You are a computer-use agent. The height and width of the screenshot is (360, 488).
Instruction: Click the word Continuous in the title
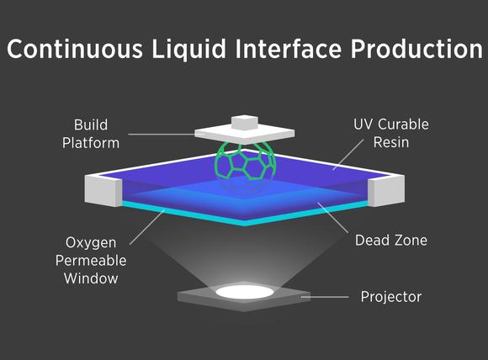pos(75,49)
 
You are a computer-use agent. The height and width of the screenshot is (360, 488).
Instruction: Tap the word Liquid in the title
pos(189,49)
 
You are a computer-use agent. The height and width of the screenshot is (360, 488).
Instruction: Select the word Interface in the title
pos(289,48)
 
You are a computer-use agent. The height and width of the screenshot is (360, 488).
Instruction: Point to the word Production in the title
pos(416,49)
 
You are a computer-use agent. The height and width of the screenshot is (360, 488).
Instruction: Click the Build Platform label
pos(91,134)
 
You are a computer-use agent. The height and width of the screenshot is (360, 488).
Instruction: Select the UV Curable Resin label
pos(391,134)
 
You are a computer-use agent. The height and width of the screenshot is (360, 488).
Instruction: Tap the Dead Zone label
pos(391,241)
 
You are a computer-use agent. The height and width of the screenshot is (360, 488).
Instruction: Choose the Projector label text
pos(391,297)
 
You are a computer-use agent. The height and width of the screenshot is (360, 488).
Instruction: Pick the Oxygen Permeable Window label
pos(91,261)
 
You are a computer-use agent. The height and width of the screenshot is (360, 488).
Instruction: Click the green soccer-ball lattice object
pos(245,161)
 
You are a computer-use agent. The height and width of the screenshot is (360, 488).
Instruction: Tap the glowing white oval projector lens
pos(245,292)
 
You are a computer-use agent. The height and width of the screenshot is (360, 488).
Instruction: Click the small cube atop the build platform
pos(245,122)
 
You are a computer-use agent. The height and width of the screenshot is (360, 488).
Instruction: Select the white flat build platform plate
pos(245,135)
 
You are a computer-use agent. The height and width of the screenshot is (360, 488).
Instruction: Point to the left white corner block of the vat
pos(103,190)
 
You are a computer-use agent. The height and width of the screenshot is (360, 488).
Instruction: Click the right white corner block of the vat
pos(386,190)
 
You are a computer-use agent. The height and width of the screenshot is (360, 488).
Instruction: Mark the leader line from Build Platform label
pos(162,135)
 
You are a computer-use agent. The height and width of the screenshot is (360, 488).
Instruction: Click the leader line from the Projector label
pos(325,297)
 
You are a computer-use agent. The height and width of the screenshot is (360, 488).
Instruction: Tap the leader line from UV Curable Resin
pos(348,155)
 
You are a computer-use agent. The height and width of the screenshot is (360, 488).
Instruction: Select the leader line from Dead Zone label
pos(332,218)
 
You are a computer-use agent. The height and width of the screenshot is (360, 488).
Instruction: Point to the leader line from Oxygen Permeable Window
pos(147,227)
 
